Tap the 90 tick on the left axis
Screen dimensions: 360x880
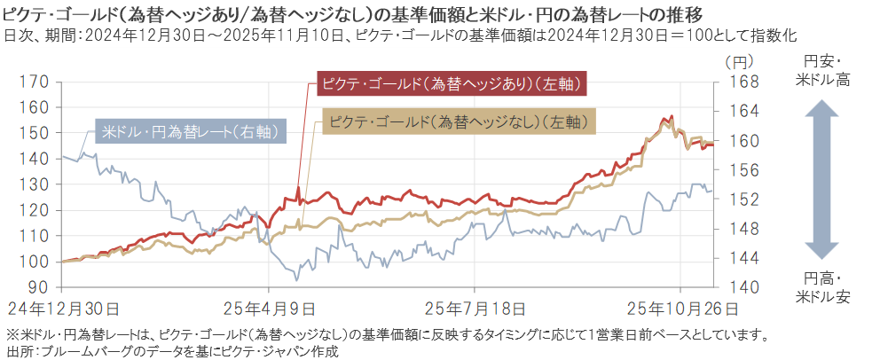pyautogui.click(x=37, y=288)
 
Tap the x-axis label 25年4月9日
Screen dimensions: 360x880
pyautogui.click(x=269, y=309)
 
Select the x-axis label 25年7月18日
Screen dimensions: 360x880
pyautogui.click(x=475, y=309)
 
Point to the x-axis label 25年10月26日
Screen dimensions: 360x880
pyautogui.click(x=681, y=309)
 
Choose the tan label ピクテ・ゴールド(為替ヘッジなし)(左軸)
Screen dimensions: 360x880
pyautogui.click(x=456, y=121)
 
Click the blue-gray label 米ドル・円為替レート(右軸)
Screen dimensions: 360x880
pyautogui.click(x=190, y=131)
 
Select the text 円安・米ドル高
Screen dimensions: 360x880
pyautogui.click(x=822, y=71)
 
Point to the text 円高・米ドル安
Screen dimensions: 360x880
pyautogui.click(x=822, y=287)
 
